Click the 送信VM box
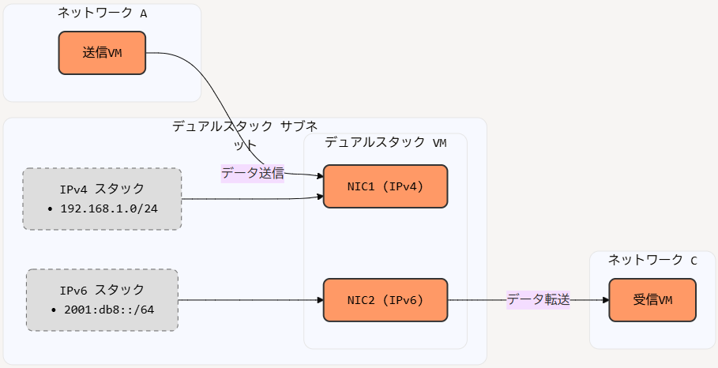102,53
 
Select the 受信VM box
652,300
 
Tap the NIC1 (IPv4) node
385,186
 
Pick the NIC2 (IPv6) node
385,300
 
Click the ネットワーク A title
102,13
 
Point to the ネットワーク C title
652,260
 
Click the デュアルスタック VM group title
385,142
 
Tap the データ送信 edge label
253,174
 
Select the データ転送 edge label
538,300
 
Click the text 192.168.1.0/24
109,208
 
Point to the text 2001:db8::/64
109,310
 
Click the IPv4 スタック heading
102,189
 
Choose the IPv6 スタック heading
102,290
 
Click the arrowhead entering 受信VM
606,300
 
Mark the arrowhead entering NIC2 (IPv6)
320,300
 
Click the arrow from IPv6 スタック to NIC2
250,300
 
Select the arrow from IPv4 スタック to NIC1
252,199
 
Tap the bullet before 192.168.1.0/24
51,209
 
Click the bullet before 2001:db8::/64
54,310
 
